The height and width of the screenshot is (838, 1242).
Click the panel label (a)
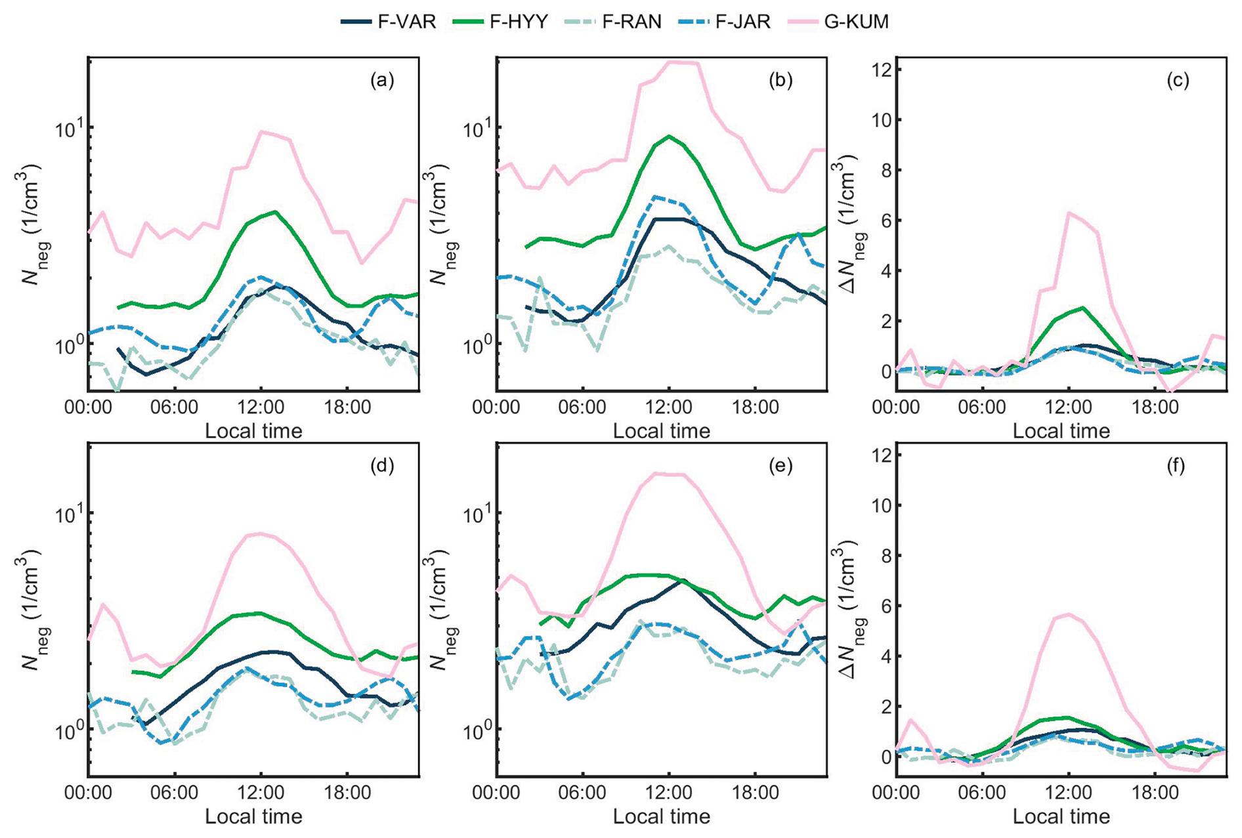click(382, 80)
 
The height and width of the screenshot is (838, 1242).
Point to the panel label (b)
click(781, 80)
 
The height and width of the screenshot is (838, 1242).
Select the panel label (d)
click(382, 466)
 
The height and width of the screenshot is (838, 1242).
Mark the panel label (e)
click(781, 466)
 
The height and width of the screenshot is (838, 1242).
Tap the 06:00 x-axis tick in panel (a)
click(174, 408)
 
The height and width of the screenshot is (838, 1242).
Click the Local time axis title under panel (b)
click(662, 431)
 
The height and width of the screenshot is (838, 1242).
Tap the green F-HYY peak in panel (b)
click(669, 136)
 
